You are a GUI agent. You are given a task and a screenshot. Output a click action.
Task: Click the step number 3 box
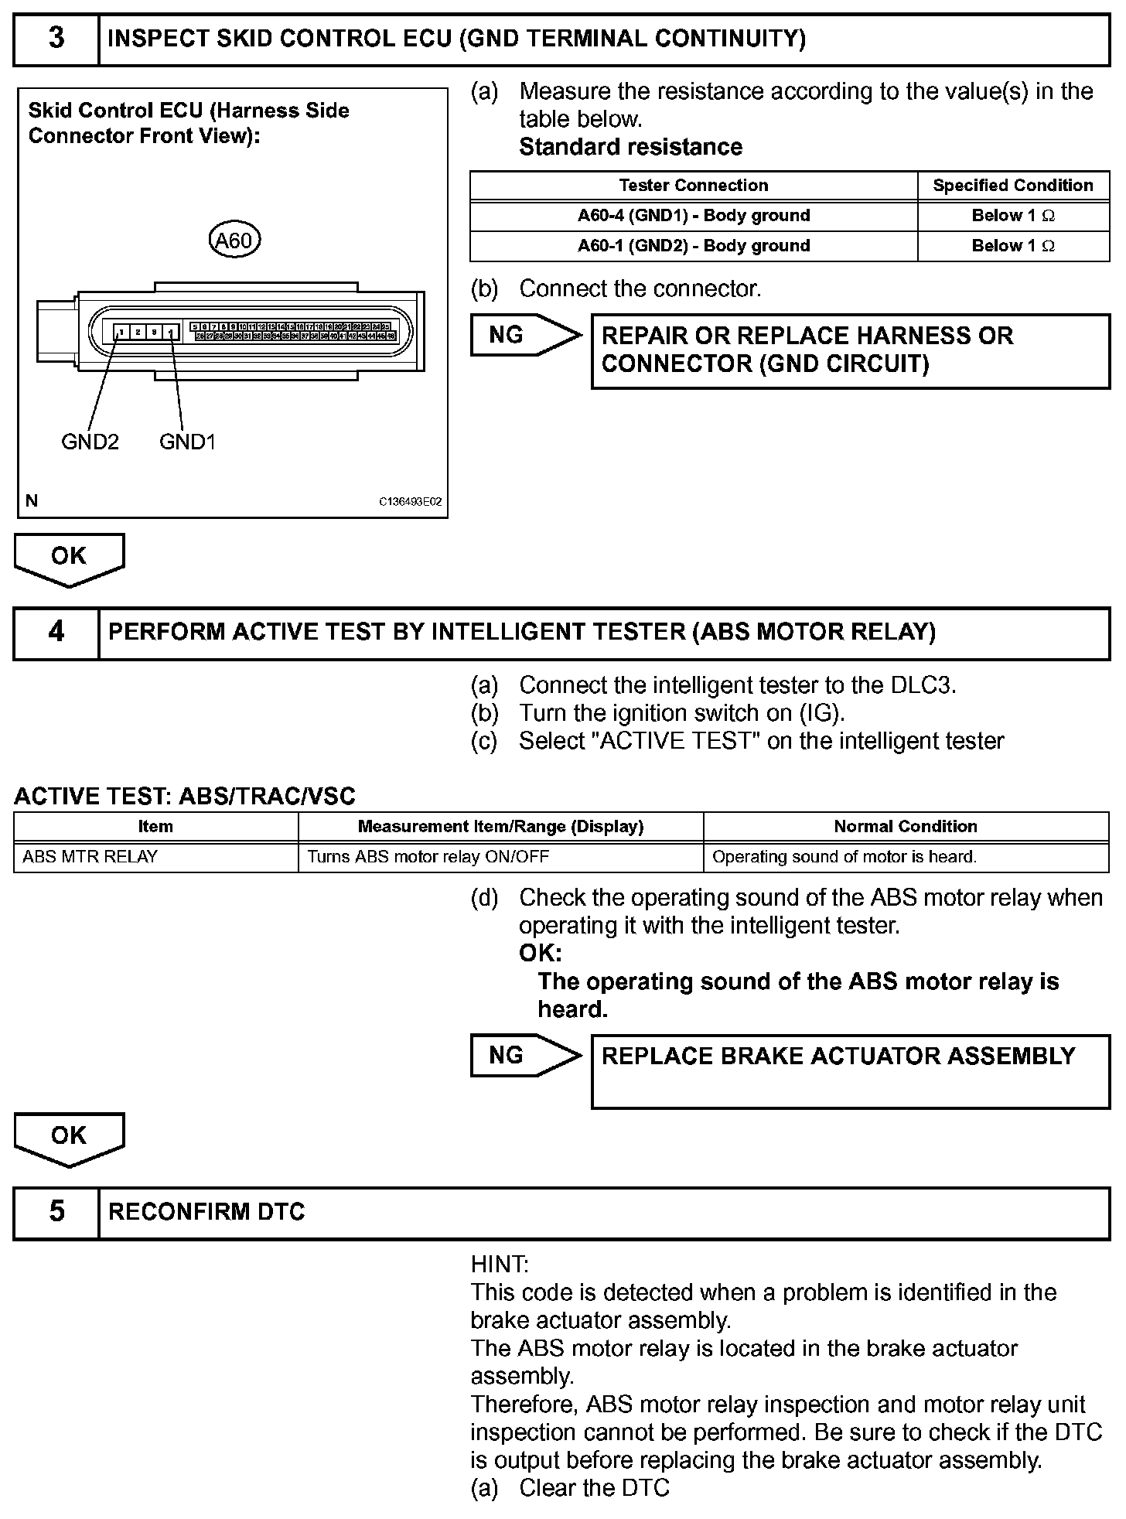(56, 39)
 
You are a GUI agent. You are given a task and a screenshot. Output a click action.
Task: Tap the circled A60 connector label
(234, 241)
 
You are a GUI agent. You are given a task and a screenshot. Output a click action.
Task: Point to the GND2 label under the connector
(90, 442)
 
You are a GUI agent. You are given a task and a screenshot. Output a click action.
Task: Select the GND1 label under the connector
(187, 442)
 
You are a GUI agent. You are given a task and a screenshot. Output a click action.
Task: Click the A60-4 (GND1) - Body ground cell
(693, 216)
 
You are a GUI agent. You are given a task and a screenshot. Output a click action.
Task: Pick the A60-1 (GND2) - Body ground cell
(693, 246)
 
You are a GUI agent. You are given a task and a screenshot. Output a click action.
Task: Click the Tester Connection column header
(693, 186)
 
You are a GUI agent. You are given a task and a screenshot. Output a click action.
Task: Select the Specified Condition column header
(1012, 186)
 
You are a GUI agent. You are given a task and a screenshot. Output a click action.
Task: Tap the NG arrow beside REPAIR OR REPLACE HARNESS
(524, 335)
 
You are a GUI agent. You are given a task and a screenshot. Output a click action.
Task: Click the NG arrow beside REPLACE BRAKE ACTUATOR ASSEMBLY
(524, 1056)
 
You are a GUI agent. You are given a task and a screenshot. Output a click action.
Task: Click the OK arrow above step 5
(69, 1138)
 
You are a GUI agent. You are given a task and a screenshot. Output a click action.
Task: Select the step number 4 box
(56, 633)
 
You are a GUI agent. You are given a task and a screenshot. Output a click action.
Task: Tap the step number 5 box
(56, 1212)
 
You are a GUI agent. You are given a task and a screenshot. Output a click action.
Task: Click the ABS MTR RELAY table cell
(155, 857)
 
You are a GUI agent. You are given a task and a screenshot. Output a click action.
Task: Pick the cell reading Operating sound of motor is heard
(906, 857)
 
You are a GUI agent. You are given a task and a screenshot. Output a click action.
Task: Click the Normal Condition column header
(906, 827)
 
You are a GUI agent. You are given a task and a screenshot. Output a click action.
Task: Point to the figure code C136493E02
(410, 502)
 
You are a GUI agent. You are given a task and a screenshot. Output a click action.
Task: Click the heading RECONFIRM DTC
(206, 1212)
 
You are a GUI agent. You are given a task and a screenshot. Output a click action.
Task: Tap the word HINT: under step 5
(500, 1265)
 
